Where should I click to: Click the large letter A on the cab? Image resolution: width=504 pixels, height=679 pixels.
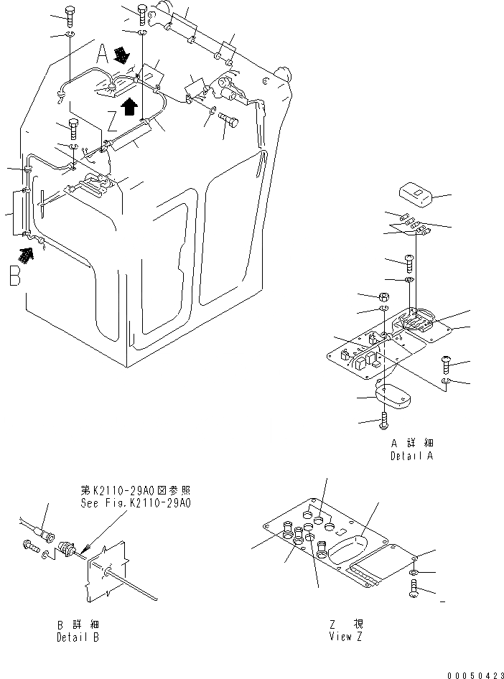tap(103, 52)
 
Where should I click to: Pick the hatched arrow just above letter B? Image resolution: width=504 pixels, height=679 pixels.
tap(27, 253)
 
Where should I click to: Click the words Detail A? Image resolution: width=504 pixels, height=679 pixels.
tap(413, 455)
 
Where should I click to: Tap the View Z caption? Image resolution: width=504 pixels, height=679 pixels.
tap(347, 637)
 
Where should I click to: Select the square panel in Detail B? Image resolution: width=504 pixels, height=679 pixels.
tap(104, 571)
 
